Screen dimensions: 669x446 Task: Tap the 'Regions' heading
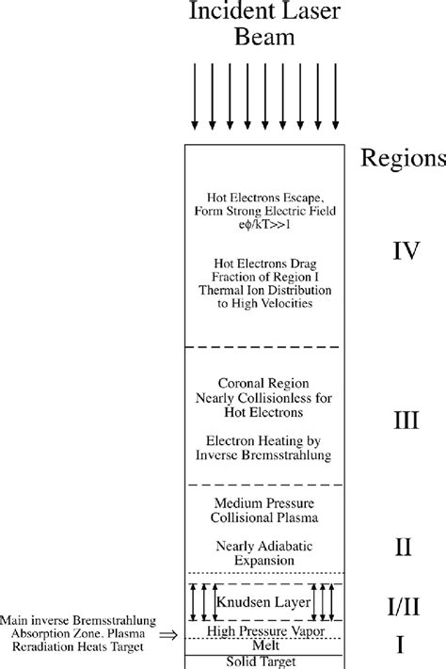coord(403,158)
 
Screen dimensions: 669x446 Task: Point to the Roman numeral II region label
coord(402,547)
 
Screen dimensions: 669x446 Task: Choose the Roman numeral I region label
coord(400,645)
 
